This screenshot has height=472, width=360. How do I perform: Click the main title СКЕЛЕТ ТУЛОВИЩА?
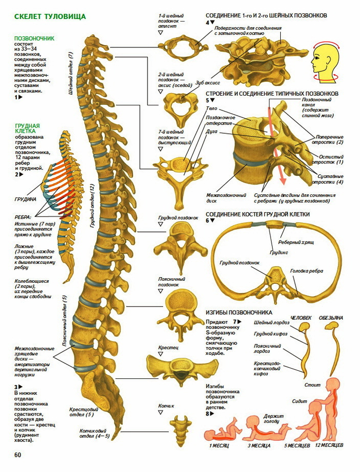[50, 16]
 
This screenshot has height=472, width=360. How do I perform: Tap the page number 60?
[18, 455]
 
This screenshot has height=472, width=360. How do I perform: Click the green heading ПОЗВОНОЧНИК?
[35, 39]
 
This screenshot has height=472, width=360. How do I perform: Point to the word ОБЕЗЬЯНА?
[331, 317]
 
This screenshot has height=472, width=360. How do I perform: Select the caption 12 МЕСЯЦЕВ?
[328, 445]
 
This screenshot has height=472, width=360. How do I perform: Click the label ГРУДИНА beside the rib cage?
[25, 198]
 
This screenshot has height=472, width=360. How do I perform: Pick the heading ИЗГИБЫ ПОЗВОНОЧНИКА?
[239, 312]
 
